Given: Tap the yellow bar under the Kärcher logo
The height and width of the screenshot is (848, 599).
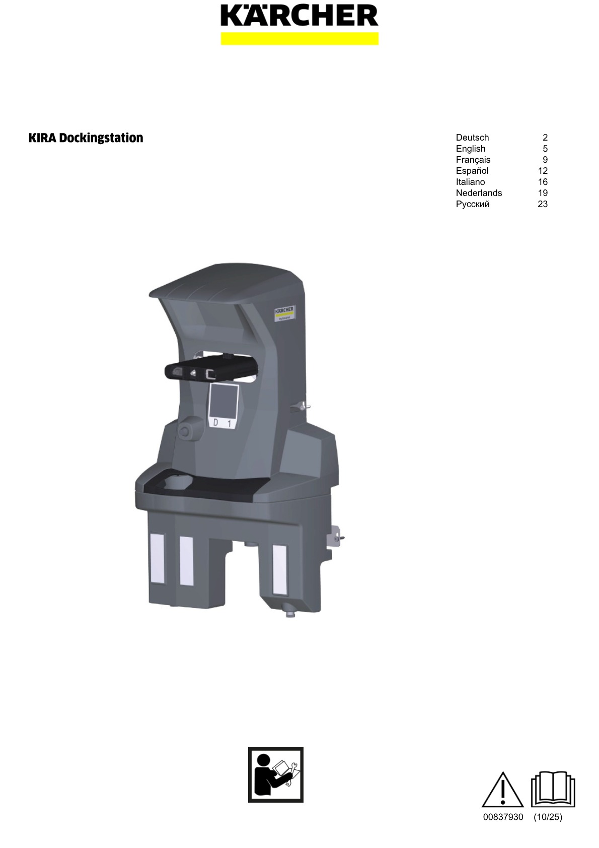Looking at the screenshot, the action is click(299, 39).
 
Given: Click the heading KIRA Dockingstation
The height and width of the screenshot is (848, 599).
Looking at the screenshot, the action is click(86, 138).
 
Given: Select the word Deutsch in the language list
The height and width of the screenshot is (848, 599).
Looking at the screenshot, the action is click(472, 138).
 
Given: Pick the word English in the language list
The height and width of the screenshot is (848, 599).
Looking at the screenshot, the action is click(471, 149).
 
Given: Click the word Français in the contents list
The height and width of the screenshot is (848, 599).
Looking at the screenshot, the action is click(473, 160).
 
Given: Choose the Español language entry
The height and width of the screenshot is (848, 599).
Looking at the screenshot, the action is click(472, 171).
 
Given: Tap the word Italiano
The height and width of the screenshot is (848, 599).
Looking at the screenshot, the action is click(470, 182).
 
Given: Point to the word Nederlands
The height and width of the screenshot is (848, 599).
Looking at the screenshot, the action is click(479, 192).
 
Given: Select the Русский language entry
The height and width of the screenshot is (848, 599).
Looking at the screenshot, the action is click(473, 204).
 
